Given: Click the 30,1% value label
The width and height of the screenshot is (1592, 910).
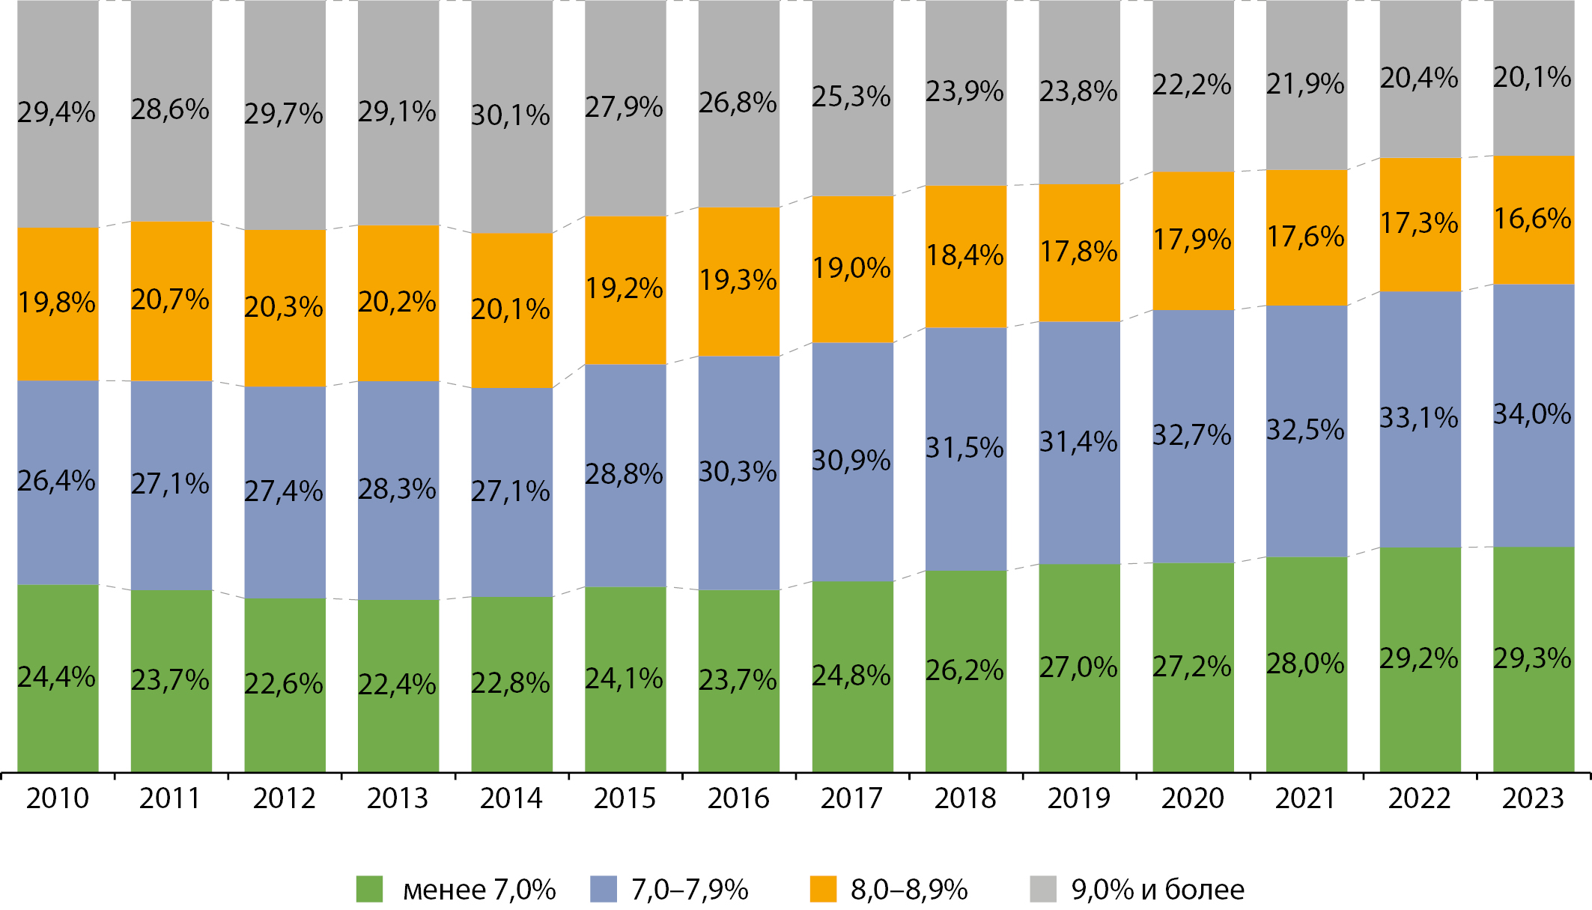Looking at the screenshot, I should (510, 115).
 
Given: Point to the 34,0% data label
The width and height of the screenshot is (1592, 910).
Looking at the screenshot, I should (1532, 414).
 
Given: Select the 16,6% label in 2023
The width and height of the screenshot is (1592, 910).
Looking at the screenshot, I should (1532, 219).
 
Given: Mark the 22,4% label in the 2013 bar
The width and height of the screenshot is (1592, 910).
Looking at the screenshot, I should (397, 685).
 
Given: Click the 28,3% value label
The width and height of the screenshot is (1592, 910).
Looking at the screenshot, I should (397, 490).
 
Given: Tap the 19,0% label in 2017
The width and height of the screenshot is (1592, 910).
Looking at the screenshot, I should (852, 268).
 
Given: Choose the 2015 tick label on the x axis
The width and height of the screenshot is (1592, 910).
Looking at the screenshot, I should (625, 798).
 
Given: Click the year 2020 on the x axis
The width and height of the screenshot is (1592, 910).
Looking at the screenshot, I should (1192, 798).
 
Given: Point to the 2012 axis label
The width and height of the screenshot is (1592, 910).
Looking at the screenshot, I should (284, 798).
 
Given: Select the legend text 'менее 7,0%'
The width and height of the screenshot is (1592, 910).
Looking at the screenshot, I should (479, 890).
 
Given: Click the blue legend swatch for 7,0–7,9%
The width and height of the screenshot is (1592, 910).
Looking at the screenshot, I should (603, 889).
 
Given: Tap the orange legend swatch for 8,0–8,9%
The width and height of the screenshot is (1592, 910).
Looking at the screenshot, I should (823, 889).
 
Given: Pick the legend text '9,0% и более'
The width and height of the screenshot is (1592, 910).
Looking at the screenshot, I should (1158, 890).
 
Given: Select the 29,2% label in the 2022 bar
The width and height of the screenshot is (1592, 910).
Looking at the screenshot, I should (1419, 659).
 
